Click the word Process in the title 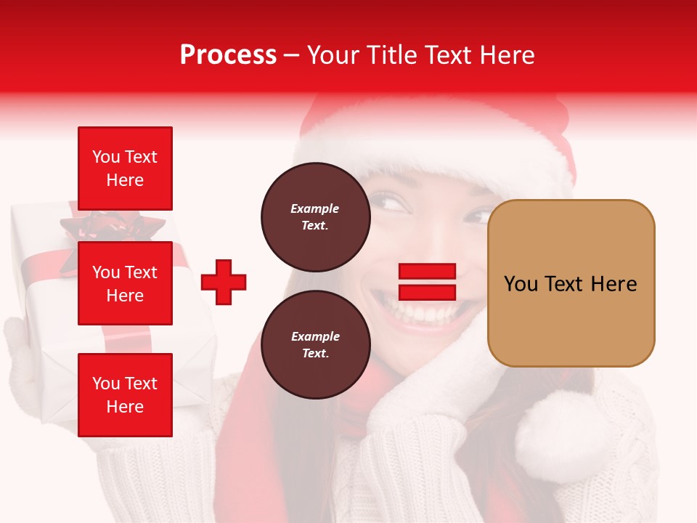pyautogui.click(x=228, y=55)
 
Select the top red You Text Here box pyautogui.click(x=125, y=169)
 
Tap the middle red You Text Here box pyautogui.click(x=125, y=283)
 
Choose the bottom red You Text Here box pyautogui.click(x=125, y=395)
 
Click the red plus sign pyautogui.click(x=224, y=282)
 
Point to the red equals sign pyautogui.click(x=427, y=282)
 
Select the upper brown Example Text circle pyautogui.click(x=315, y=216)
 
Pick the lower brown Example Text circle pyautogui.click(x=315, y=344)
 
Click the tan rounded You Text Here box pyautogui.click(x=571, y=283)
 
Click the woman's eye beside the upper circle pyautogui.click(x=393, y=203)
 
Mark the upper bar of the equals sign pyautogui.click(x=427, y=272)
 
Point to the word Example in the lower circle pyautogui.click(x=315, y=336)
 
